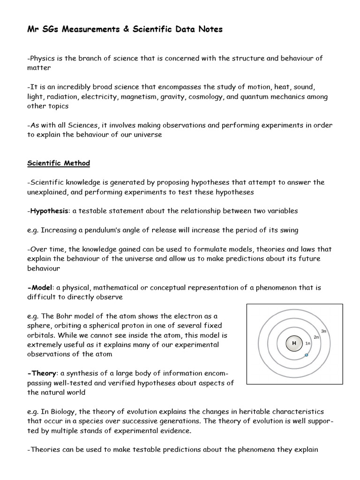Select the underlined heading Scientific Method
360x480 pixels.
59,163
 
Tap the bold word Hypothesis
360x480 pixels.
50,211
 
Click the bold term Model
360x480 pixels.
40,287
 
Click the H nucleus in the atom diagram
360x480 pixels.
294,343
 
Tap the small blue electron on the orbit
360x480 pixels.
306,355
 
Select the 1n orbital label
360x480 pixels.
308,343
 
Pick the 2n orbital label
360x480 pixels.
316,337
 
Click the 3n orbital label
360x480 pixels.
323,331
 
